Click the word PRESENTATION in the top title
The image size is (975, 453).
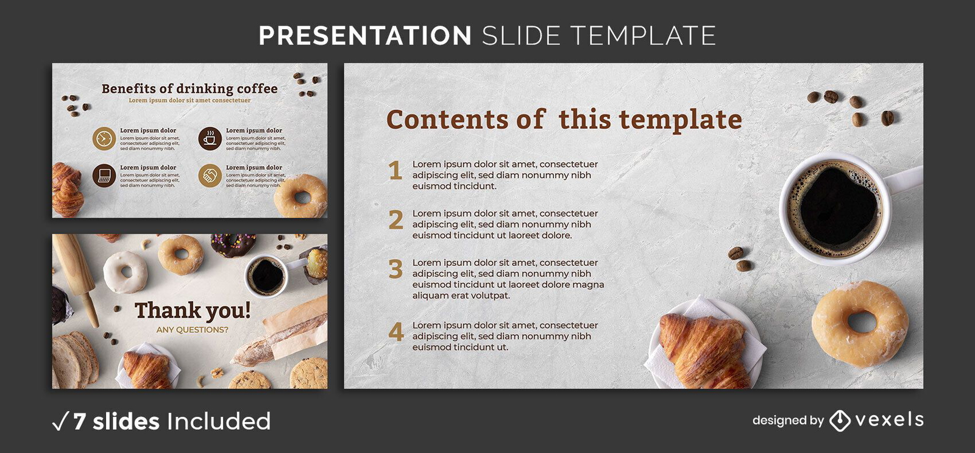tap(365, 36)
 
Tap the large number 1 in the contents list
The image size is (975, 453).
tap(395, 171)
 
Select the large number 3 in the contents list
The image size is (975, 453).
tap(395, 269)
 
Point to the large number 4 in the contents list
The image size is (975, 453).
tap(396, 332)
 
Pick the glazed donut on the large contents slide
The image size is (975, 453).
tap(860, 323)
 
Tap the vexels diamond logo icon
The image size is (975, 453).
tap(840, 421)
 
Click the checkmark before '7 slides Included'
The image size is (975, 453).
tap(60, 421)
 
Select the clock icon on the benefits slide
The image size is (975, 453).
tap(104, 139)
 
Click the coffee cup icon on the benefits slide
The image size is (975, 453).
tap(210, 139)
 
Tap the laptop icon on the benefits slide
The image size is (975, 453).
tap(104, 176)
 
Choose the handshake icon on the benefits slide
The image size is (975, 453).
tap(210, 176)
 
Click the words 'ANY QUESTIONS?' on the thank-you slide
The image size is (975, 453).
tap(192, 330)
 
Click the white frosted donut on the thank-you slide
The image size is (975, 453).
tap(126, 272)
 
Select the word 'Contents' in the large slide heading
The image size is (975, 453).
tap(447, 119)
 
